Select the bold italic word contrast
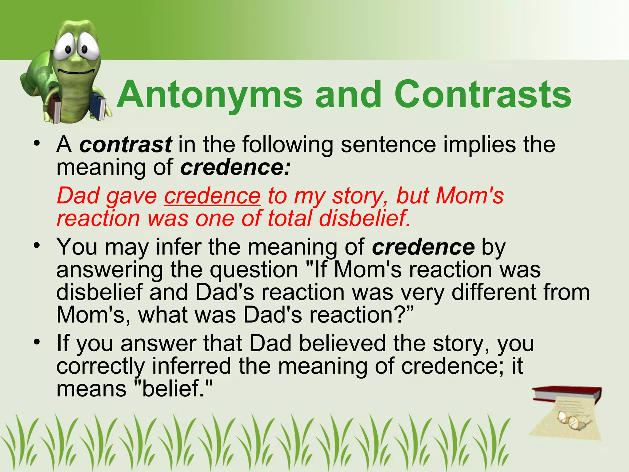[x=126, y=144]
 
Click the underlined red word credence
[x=212, y=196]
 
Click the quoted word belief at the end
[x=173, y=389]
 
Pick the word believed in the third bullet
[x=342, y=343]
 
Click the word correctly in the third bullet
[x=100, y=366]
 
